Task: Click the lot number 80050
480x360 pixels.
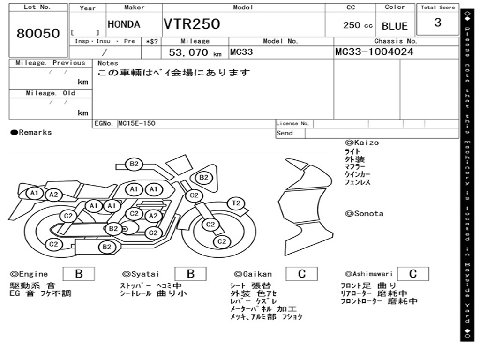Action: (38, 33)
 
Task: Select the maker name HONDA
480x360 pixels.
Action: (124, 24)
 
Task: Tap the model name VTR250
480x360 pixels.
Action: (192, 24)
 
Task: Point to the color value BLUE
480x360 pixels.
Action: (395, 26)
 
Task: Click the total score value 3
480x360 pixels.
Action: (438, 22)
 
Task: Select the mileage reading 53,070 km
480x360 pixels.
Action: (195, 52)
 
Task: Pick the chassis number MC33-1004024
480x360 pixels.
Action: (375, 52)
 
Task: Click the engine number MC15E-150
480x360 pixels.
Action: (137, 123)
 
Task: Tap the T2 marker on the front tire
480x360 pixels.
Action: (236, 203)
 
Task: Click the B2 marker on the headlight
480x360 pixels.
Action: (203, 178)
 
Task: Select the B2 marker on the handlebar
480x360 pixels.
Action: (134, 164)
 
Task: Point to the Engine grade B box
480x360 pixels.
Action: (79, 274)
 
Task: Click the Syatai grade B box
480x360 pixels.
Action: (190, 274)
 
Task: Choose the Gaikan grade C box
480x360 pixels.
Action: (301, 274)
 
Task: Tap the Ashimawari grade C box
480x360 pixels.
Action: (413, 274)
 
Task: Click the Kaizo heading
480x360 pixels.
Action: (362, 142)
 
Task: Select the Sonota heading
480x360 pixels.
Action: (364, 214)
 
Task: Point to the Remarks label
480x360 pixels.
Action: (31, 132)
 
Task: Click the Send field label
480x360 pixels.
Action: (285, 133)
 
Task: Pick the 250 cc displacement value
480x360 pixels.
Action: (358, 25)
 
